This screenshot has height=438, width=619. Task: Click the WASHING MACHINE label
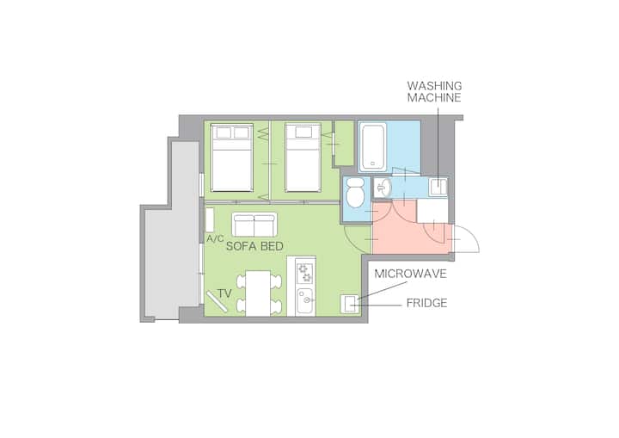coord(434,92)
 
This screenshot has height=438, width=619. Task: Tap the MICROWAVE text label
coord(411,274)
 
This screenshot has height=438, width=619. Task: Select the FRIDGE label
coord(426,303)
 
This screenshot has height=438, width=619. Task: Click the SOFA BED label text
coord(254,246)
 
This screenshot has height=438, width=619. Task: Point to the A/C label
coord(215,238)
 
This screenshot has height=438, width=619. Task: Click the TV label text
coord(224,293)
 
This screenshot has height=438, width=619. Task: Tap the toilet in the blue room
coord(355,193)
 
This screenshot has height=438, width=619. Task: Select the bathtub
coord(372,147)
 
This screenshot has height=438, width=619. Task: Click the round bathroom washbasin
coord(383,188)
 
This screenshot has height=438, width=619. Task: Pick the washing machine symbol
coord(438,187)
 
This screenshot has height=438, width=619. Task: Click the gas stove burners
coord(304,273)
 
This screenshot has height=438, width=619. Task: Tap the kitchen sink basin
coord(304,301)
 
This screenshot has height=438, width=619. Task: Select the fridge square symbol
coord(349,304)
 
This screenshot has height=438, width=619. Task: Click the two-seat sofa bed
coord(254,225)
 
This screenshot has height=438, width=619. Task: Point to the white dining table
coord(258,293)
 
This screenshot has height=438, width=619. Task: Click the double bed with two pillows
coord(232,157)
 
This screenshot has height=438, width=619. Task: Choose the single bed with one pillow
coord(303,157)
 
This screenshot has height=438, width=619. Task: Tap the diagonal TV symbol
coord(217,302)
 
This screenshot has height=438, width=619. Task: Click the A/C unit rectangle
coord(210,219)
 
